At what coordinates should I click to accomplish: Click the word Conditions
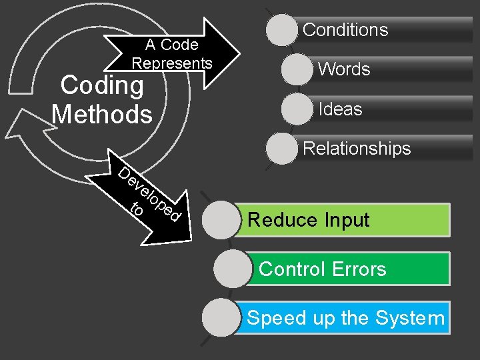coord(345,30)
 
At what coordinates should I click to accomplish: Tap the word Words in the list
coord(344,69)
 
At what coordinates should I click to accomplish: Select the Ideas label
coord(341,109)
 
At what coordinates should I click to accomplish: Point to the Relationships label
coord(357,148)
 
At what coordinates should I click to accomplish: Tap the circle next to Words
coord(298,70)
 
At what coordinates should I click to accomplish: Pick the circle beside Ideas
coord(298,109)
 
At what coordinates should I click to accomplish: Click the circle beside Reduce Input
coord(221,220)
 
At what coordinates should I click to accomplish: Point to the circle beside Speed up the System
coord(221,318)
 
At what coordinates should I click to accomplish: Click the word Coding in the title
coord(101,86)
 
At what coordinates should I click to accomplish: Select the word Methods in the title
coord(101,115)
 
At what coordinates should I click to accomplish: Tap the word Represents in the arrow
coord(172,63)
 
